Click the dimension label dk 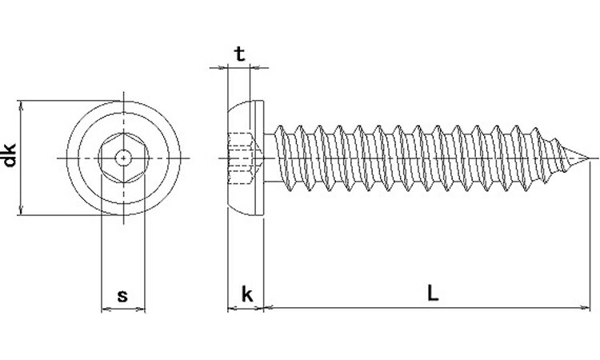tap(10, 155)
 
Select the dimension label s tap(122, 296)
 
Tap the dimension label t tap(240, 54)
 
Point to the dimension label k tap(247, 294)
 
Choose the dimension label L tap(432, 294)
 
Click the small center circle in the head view tap(123, 158)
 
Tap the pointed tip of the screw tap(588, 158)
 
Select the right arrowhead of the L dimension tap(586, 307)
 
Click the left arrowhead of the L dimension tap(269, 307)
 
